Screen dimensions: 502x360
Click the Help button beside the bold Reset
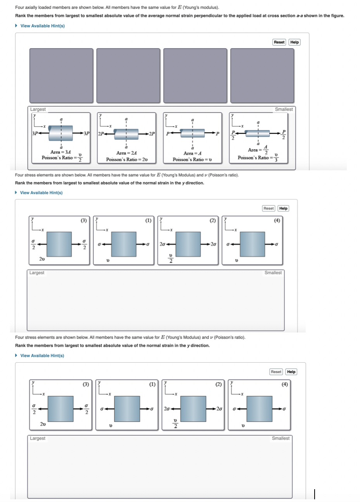294,42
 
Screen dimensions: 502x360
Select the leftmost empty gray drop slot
61,75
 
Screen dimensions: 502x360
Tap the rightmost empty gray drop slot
262,75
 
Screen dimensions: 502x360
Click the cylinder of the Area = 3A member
61,133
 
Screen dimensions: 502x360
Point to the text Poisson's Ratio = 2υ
127,159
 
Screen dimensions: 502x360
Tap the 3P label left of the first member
35,133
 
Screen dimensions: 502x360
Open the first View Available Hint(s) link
42,26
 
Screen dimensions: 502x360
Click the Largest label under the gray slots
38,109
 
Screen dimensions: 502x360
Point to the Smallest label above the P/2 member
284,109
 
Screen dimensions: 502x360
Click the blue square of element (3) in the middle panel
60,244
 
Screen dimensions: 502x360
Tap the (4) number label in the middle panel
277,221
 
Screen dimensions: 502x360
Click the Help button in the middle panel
283,208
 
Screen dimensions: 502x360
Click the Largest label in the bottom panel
38,438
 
